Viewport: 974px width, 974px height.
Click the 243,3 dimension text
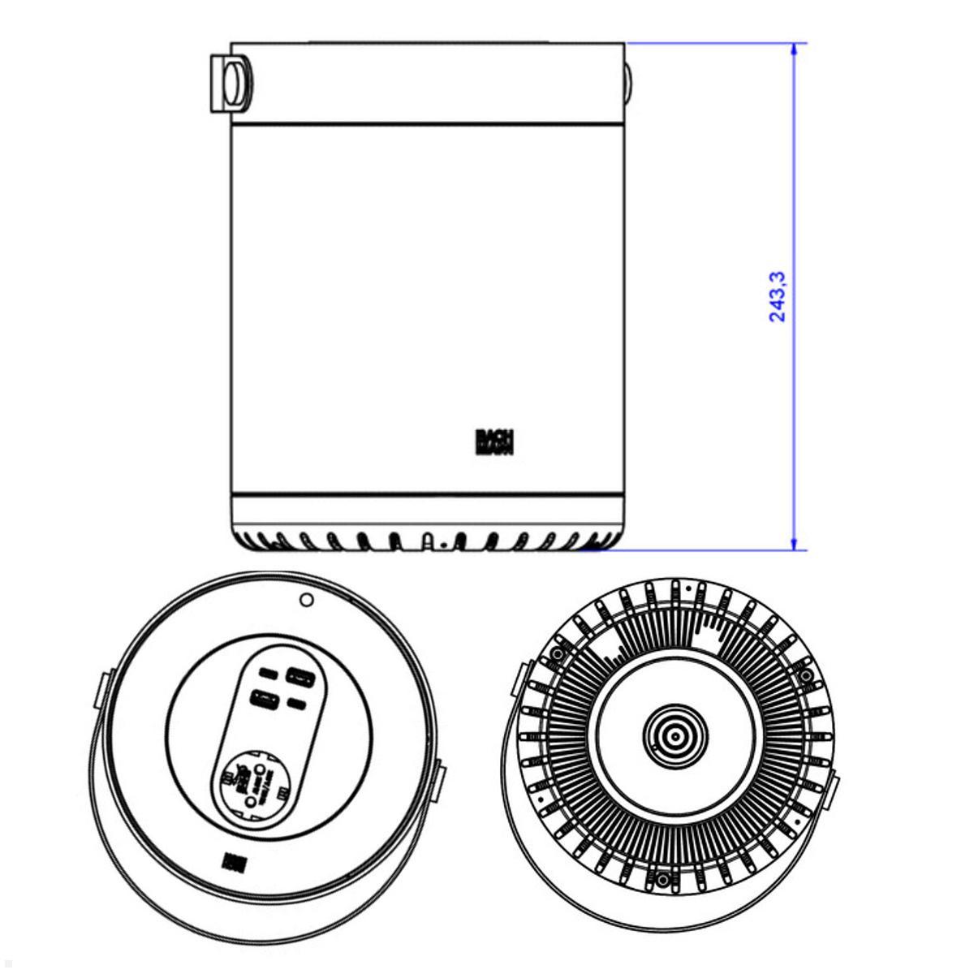click(777, 296)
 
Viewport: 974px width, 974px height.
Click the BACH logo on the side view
click(495, 442)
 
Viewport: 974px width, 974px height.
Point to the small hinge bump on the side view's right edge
click(628, 84)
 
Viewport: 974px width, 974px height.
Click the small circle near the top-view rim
click(306, 600)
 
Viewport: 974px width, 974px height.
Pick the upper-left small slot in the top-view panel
click(266, 674)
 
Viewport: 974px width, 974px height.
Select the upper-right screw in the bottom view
click(805, 675)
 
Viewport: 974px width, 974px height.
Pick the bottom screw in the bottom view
click(663, 880)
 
